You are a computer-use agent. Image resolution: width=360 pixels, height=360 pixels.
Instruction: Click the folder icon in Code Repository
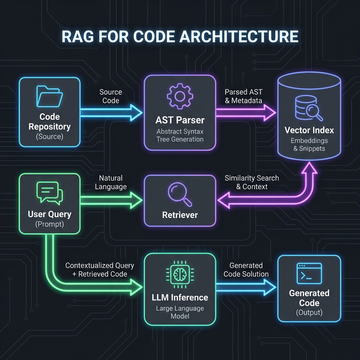click(49, 96)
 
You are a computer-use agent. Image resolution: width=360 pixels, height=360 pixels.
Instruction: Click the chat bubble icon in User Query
click(49, 193)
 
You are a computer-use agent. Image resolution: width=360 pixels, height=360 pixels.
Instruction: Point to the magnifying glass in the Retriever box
click(180, 194)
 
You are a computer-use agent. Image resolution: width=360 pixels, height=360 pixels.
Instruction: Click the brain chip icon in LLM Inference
click(180, 275)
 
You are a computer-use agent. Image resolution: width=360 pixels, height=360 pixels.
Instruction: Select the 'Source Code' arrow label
click(111, 96)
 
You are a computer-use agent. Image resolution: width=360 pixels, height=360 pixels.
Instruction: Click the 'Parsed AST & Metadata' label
click(244, 96)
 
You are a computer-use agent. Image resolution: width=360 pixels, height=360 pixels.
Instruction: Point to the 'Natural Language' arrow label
click(111, 182)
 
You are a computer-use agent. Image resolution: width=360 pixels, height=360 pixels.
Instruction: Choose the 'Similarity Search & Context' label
click(252, 182)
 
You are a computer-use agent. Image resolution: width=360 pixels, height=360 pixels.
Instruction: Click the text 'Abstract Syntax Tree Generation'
click(180, 135)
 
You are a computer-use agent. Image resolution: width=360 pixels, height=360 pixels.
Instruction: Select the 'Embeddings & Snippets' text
click(309, 144)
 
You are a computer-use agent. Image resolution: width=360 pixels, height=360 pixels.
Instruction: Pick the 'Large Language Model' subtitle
click(180, 312)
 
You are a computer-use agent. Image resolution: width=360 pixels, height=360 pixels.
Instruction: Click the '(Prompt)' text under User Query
click(49, 224)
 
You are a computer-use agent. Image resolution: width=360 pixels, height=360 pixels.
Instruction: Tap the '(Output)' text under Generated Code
click(309, 312)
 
